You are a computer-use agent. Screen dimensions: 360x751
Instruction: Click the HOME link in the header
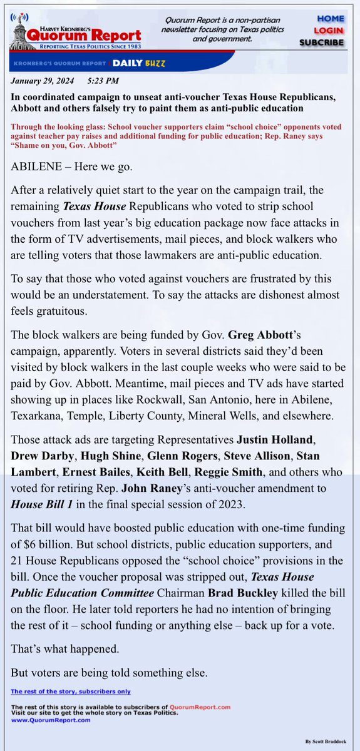pyautogui.click(x=330, y=19)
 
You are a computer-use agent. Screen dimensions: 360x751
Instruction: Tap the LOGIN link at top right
pyautogui.click(x=330, y=30)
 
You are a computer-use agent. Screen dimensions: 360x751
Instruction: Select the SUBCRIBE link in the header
pyautogui.click(x=321, y=42)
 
